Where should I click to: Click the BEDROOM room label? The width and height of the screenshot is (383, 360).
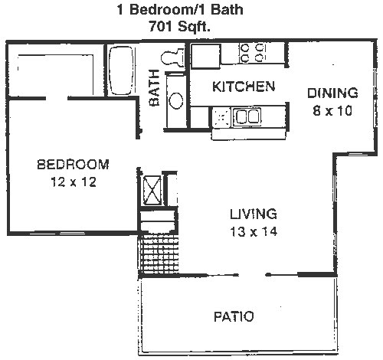(x=74, y=165)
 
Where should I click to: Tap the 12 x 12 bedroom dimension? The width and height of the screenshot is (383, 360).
(x=74, y=182)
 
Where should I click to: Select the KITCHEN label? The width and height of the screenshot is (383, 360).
(x=244, y=87)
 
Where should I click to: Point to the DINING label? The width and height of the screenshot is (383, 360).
(x=332, y=93)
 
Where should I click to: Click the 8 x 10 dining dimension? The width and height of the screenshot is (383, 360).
(x=332, y=111)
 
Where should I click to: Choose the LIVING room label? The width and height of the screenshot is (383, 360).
(x=254, y=214)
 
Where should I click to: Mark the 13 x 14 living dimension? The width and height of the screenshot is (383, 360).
(x=254, y=232)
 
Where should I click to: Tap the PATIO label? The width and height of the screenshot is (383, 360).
(x=234, y=316)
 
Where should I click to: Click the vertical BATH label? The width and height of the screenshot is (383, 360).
(x=155, y=87)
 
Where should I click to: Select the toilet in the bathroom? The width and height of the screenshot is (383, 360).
(x=172, y=57)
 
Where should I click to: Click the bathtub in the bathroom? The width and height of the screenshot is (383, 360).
(x=121, y=70)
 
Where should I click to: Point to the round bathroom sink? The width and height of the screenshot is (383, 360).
(x=176, y=100)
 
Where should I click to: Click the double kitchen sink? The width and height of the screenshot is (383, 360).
(x=247, y=116)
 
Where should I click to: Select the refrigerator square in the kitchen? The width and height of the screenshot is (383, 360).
(x=205, y=56)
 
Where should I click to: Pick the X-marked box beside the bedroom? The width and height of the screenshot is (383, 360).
(x=152, y=191)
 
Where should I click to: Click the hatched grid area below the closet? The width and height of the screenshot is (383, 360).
(x=159, y=255)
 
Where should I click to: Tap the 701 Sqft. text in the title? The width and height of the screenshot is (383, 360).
(x=180, y=26)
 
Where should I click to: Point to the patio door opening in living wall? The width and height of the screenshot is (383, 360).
(x=253, y=275)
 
